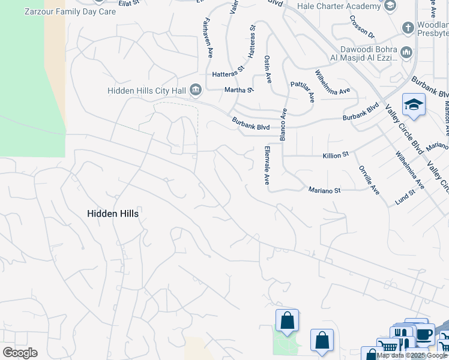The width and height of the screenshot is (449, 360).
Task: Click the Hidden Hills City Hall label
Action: pos(146,91)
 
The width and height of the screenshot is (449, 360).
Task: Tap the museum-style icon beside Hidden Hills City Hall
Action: pos(196,91)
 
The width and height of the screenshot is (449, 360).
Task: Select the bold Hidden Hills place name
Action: pos(113,214)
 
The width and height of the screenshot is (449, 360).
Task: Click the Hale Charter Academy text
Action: pos(339,6)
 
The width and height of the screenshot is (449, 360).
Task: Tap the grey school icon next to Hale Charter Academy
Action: pos(390,6)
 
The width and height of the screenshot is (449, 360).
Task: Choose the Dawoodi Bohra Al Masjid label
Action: pos(360,53)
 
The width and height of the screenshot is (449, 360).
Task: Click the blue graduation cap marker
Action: pos(414,104)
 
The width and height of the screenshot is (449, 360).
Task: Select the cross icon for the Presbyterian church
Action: pos(408,28)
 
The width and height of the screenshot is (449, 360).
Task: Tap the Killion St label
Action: pos(336,155)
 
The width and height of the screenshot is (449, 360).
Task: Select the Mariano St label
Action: pos(324,190)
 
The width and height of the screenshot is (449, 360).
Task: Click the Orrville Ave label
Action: pos(368,180)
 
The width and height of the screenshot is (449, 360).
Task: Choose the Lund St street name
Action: pos(405,197)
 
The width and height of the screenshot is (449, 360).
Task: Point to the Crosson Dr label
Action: pos(361,26)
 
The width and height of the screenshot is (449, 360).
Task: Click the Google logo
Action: pos(20,353)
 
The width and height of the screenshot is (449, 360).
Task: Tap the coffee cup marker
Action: pos(424,334)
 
